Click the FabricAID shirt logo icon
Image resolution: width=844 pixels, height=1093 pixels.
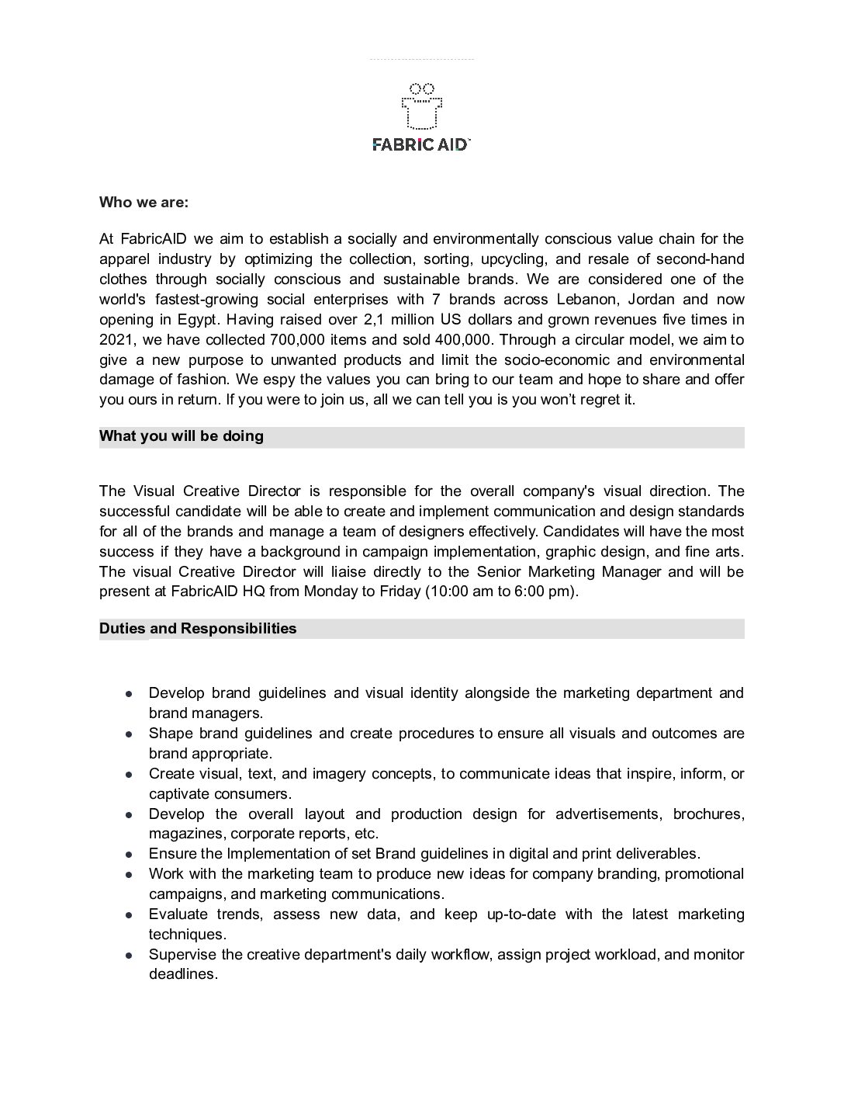(421, 106)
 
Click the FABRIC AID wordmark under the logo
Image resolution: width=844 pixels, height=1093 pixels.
(421, 144)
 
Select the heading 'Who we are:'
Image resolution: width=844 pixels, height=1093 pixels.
(144, 203)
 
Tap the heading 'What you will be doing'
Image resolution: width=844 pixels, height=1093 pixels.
(182, 436)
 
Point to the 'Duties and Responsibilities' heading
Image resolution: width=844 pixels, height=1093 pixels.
(198, 629)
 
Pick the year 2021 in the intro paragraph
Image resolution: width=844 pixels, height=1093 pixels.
(115, 340)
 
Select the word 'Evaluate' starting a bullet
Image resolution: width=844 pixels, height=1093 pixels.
(178, 914)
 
